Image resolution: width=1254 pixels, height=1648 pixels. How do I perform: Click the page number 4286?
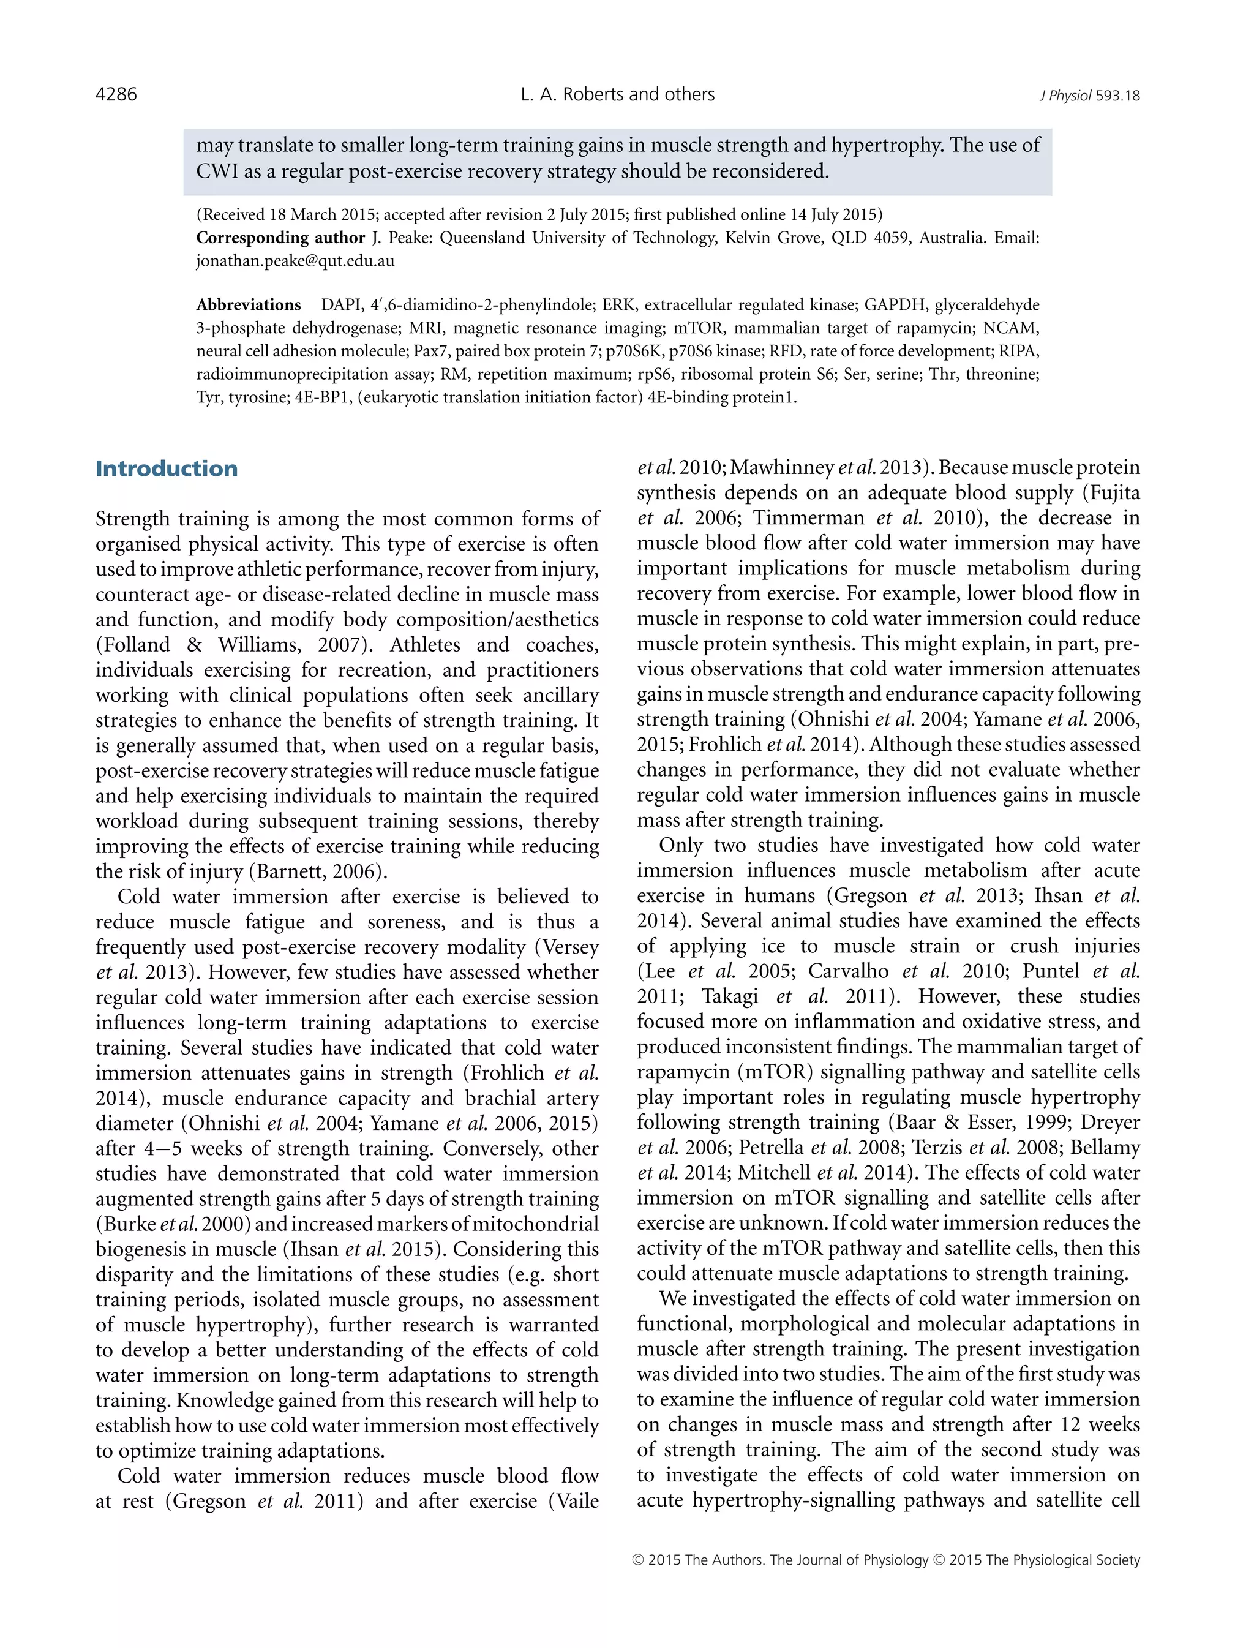pyautogui.click(x=116, y=95)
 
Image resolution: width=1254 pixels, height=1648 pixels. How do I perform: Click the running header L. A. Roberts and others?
pyautogui.click(x=617, y=95)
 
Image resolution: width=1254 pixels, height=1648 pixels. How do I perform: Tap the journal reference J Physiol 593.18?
pyautogui.click(x=1089, y=96)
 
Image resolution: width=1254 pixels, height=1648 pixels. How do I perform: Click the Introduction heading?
pyautogui.click(x=167, y=468)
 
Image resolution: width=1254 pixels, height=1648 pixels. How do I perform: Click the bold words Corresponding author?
pyautogui.click(x=280, y=238)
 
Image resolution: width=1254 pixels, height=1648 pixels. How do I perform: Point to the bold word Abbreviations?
pyautogui.click(x=248, y=305)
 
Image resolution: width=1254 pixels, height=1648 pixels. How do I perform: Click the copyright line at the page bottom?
pyautogui.click(x=885, y=1560)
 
